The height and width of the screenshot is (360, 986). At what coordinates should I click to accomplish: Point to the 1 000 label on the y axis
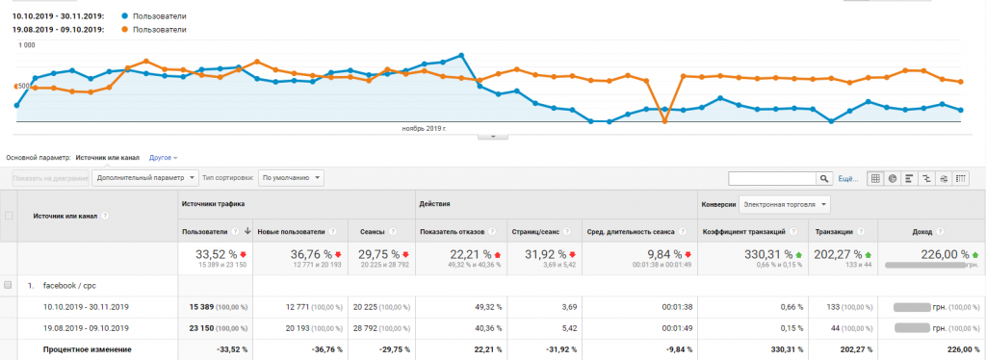pos(27,45)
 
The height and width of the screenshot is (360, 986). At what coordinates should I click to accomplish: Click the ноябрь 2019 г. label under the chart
pos(424,127)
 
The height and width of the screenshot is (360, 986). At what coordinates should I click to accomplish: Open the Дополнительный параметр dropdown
pos(145,178)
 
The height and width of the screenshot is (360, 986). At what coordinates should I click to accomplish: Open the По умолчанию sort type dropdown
pos(292,178)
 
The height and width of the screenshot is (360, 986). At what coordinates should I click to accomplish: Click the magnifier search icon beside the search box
pos(824,178)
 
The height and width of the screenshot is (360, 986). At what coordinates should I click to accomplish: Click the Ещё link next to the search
pos(847,178)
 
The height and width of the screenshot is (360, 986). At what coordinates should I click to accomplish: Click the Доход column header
pos(922,231)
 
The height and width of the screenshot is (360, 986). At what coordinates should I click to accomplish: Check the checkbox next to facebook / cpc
pos(9,286)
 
